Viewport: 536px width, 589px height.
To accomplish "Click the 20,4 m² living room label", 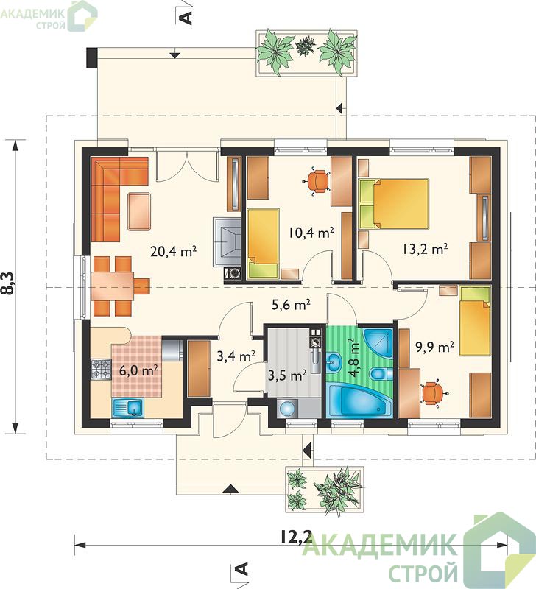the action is click(174, 251).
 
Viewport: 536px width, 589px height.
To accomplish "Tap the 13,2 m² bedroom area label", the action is click(425, 249).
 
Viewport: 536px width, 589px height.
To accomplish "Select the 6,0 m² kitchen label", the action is click(138, 370).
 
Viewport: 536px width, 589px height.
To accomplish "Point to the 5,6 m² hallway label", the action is click(291, 305).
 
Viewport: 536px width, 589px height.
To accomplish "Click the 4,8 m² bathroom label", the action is click(353, 358).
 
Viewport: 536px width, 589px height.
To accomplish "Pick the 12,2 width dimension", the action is click(297, 537).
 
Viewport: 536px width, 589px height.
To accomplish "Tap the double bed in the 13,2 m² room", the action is click(394, 204).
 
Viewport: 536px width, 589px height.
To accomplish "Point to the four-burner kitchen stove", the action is click(101, 370).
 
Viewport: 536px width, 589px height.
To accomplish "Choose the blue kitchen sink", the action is click(127, 408).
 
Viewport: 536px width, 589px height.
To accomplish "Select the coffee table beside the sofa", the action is click(139, 211).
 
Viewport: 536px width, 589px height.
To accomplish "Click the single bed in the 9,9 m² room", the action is click(475, 321).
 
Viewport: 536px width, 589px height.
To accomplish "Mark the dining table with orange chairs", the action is click(112, 286).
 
